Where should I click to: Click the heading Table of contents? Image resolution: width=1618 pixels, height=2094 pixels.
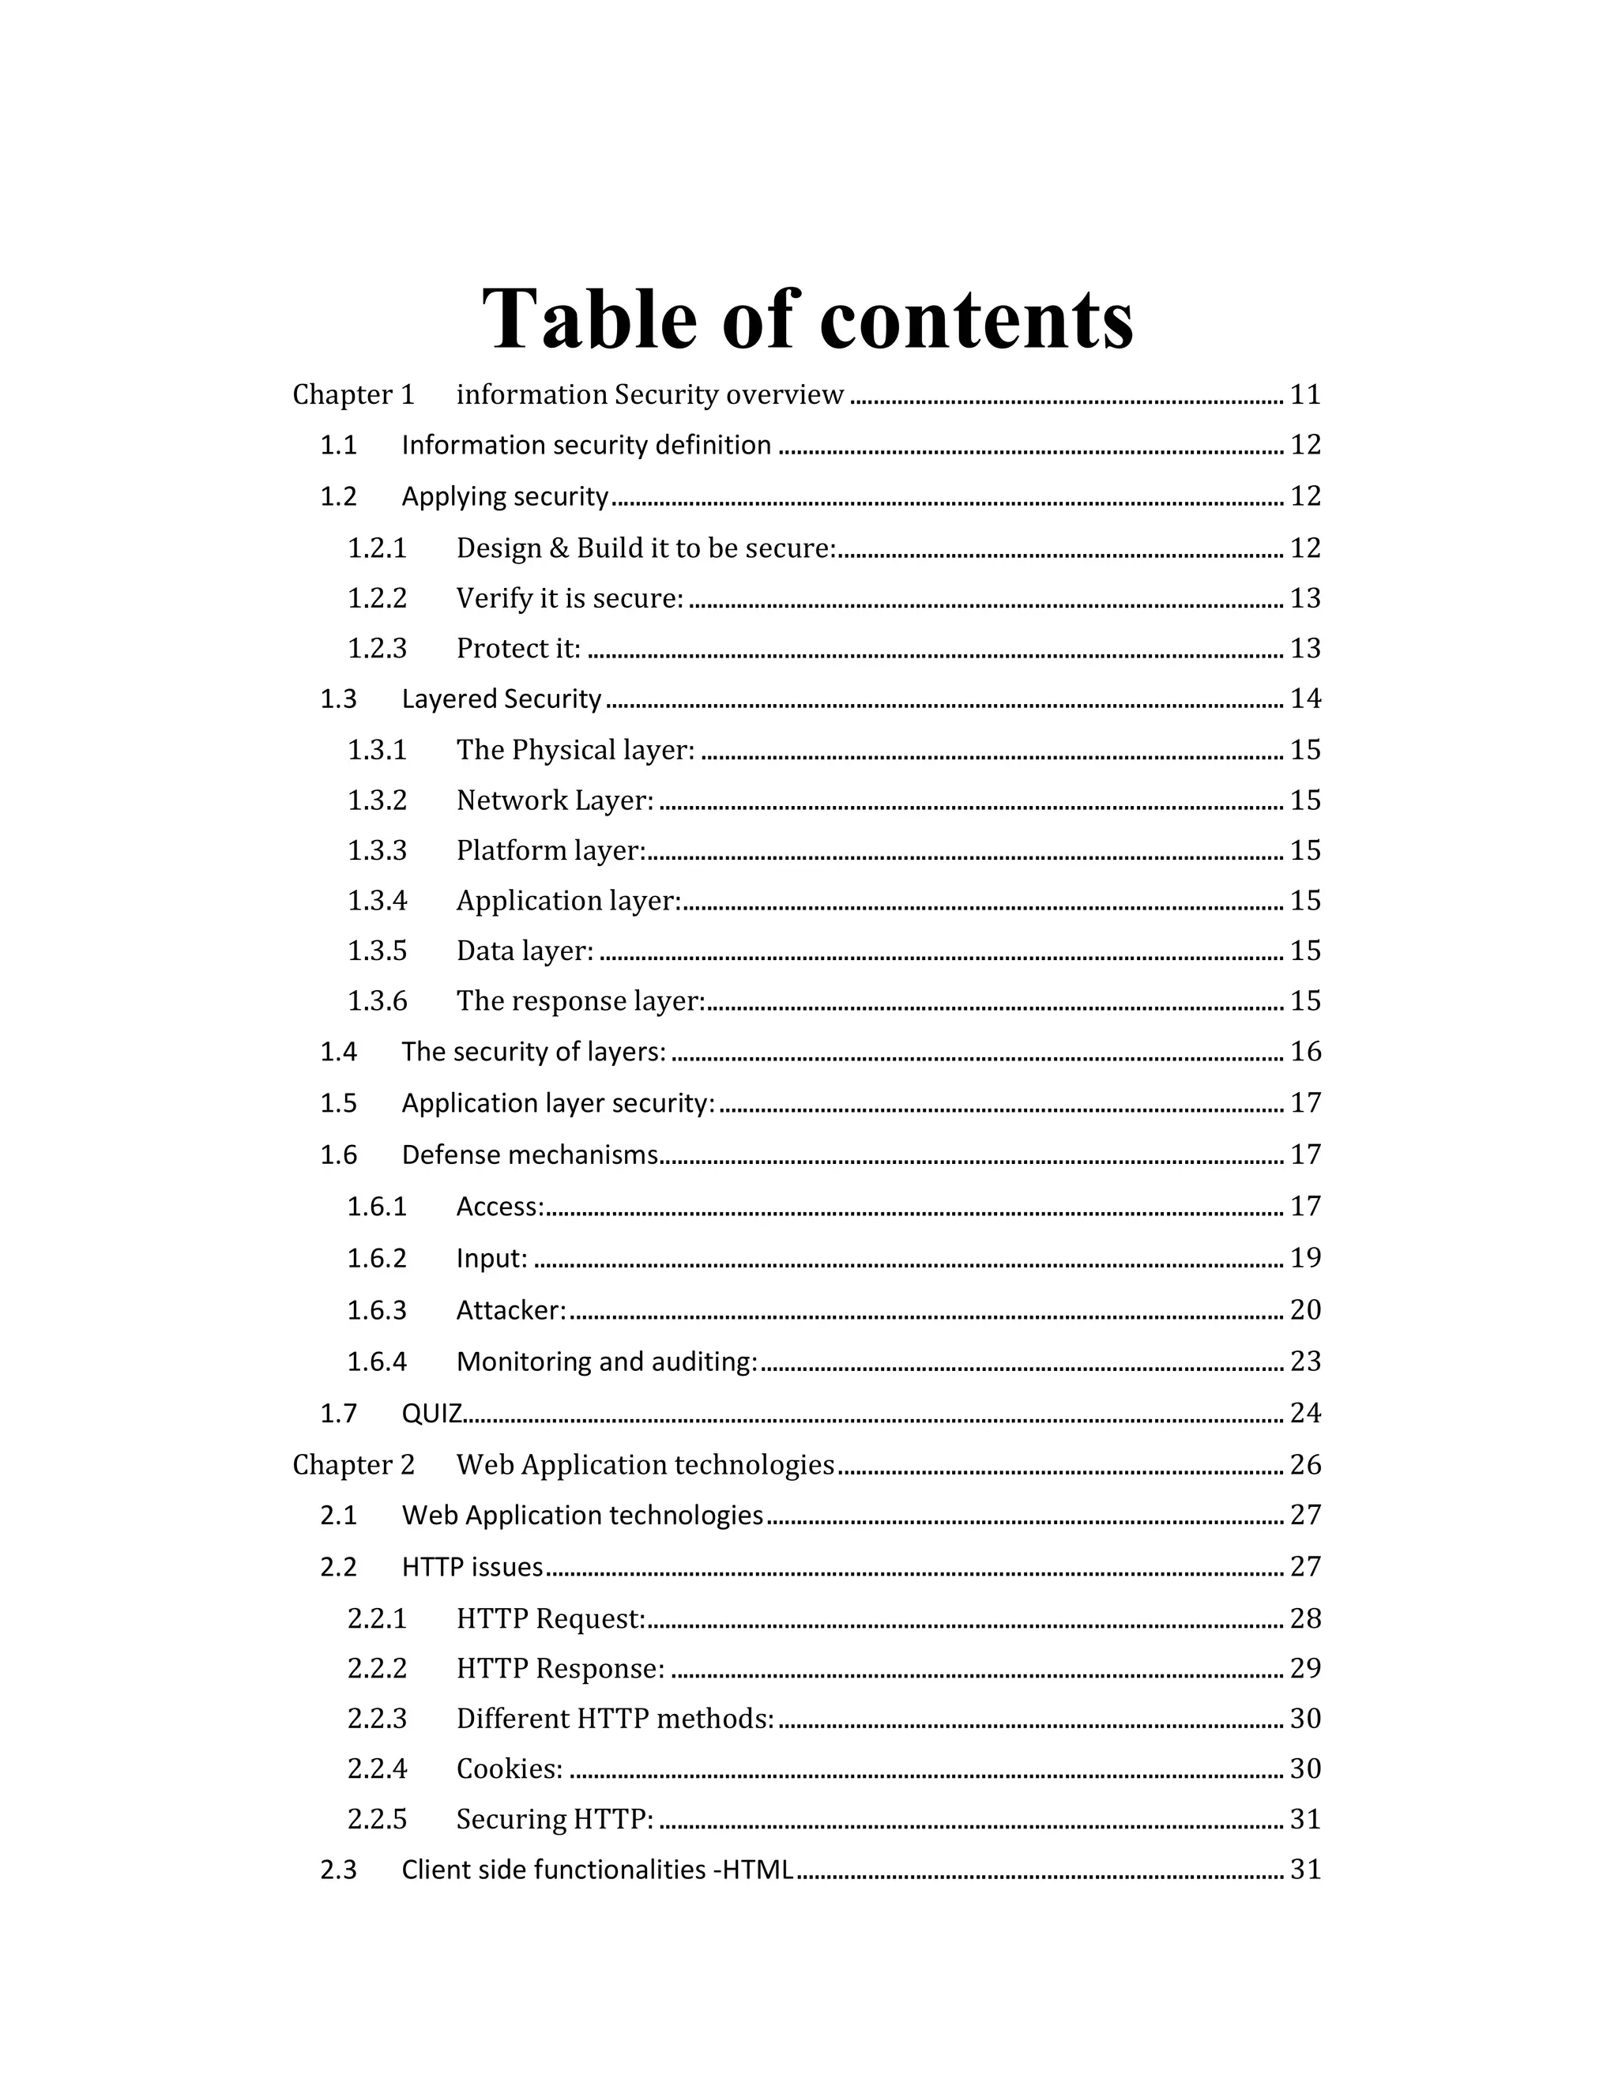click(x=807, y=318)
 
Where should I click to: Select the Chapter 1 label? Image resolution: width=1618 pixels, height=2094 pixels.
click(x=352, y=395)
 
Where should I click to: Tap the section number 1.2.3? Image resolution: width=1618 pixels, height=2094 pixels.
click(x=377, y=649)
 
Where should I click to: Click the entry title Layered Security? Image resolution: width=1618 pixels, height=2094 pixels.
click(x=502, y=699)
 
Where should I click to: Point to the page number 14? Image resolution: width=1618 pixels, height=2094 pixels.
click(x=1305, y=699)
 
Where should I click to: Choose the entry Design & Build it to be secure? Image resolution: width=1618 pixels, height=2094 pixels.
click(x=646, y=548)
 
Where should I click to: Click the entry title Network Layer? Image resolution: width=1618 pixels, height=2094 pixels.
click(x=555, y=800)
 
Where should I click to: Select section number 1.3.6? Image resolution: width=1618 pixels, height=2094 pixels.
click(x=377, y=1002)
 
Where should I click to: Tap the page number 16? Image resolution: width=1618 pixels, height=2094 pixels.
click(x=1305, y=1052)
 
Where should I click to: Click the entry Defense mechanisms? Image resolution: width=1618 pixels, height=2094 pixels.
click(x=530, y=1154)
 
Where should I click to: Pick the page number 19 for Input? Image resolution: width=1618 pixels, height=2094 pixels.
click(x=1305, y=1258)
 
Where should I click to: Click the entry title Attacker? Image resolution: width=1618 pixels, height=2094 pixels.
click(x=511, y=1311)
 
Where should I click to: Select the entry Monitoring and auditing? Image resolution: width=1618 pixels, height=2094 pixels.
click(x=607, y=1361)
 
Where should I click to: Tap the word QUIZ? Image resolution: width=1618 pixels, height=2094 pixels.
click(x=432, y=1414)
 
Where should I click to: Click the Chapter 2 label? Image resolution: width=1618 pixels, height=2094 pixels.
click(x=352, y=1465)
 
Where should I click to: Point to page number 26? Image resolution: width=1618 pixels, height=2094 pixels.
click(x=1305, y=1465)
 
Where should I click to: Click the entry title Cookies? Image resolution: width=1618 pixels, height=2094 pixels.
click(x=509, y=1769)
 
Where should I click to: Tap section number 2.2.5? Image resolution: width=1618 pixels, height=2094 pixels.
click(x=377, y=1820)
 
